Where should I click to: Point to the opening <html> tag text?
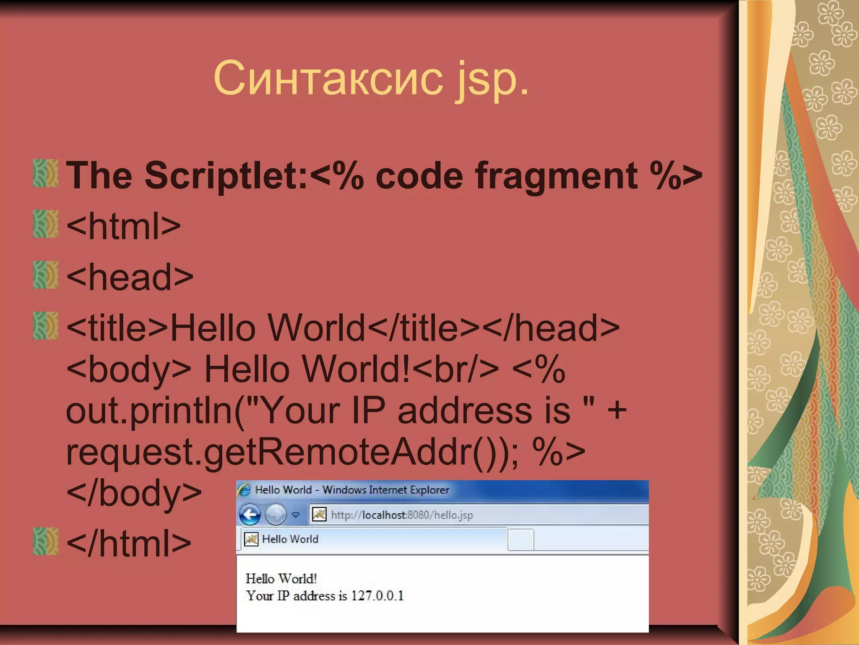(x=123, y=226)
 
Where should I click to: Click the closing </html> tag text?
(x=128, y=543)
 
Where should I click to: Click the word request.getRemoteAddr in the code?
(x=269, y=453)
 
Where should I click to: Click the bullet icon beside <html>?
(x=45, y=224)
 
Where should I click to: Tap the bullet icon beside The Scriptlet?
(x=45, y=173)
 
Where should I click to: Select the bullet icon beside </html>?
(x=45, y=541)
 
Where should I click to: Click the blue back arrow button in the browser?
(x=250, y=515)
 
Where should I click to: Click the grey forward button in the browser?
(x=276, y=515)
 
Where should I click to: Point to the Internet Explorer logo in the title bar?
(x=244, y=490)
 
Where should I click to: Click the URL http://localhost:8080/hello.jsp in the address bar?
(x=402, y=515)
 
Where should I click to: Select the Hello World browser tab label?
(x=290, y=539)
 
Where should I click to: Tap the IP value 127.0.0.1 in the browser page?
(x=377, y=596)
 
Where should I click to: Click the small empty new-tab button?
(x=521, y=540)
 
